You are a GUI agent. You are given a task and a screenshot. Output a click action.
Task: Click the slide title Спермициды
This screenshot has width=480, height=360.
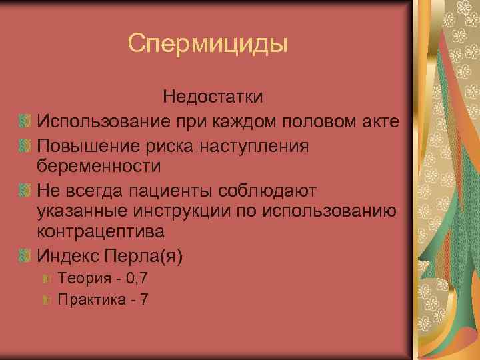(x=208, y=44)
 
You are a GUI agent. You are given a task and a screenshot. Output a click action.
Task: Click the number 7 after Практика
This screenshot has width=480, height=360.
(x=145, y=300)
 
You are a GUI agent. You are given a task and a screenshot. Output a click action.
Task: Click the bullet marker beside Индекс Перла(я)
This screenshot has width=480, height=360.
(x=25, y=255)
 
